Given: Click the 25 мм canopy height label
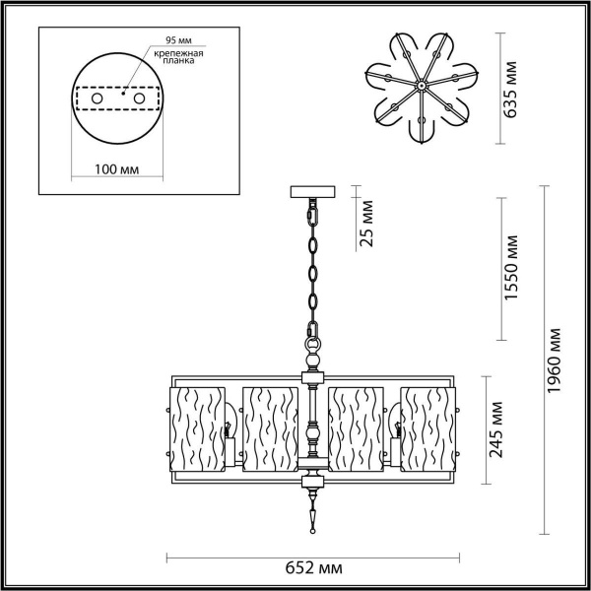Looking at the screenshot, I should click(367, 225).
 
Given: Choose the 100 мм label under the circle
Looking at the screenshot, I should click(116, 170).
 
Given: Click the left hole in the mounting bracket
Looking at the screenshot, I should click(97, 99).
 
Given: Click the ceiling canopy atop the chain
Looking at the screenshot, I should click(314, 191).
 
